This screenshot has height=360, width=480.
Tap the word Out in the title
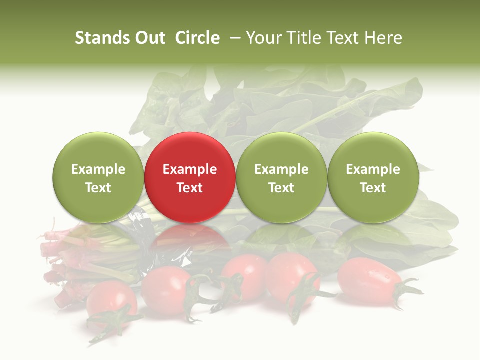point(148,38)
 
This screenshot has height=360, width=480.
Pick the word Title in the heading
point(304,38)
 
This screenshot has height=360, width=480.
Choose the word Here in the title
point(383,38)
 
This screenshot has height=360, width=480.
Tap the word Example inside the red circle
point(190,169)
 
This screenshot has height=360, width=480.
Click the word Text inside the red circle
point(190,188)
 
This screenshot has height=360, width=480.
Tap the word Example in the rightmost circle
point(373,169)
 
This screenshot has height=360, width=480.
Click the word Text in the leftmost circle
point(98,188)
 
